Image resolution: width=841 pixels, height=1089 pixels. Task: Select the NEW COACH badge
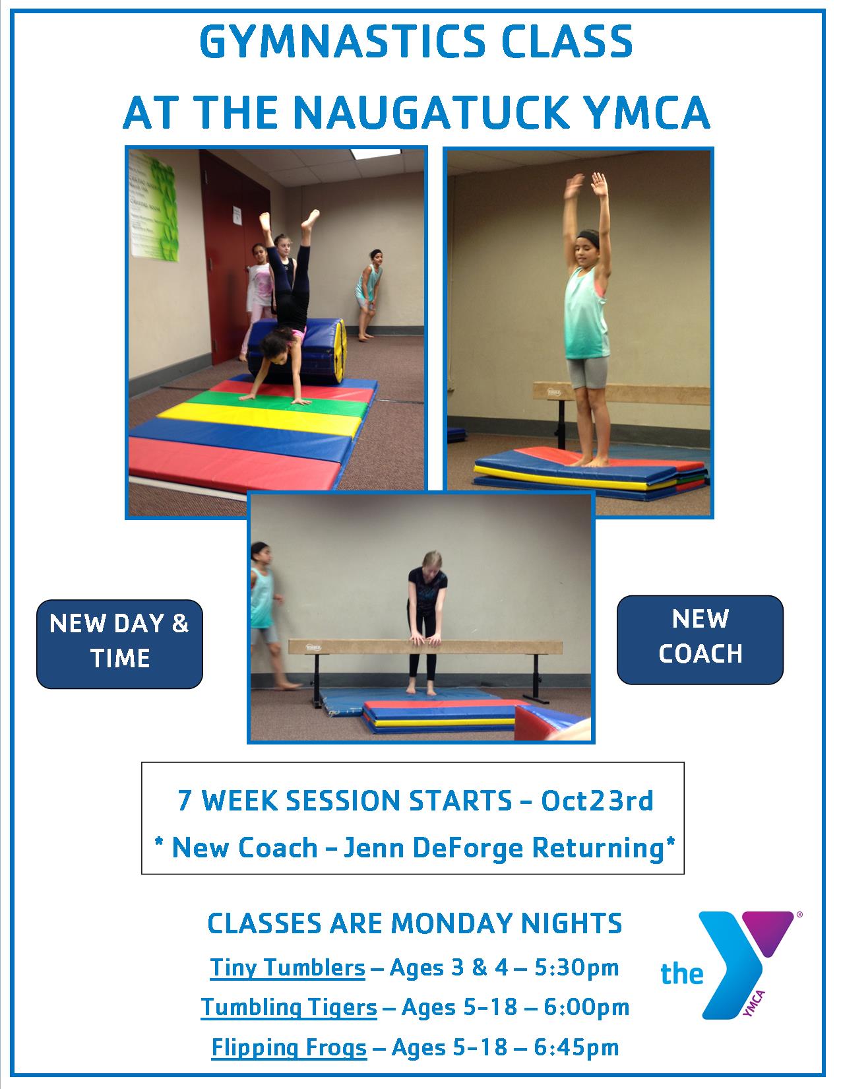(700, 640)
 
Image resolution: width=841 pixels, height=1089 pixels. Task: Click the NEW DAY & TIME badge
(119, 643)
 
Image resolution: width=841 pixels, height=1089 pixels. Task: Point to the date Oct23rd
(597, 801)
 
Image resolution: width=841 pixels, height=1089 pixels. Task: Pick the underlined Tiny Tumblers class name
(288, 968)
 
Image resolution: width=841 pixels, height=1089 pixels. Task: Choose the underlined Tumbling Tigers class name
(289, 1007)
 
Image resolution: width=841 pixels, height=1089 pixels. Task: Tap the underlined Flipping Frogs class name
(289, 1047)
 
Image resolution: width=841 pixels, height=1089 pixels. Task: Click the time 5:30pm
(576, 968)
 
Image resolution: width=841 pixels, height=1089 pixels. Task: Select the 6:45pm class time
(576, 1047)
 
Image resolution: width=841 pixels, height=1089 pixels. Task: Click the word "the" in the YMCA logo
(682, 973)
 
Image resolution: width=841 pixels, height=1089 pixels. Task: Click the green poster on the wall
(154, 205)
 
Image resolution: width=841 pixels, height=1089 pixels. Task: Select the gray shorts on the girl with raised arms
(587, 372)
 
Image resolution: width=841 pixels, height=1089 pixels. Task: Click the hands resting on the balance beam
(425, 639)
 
